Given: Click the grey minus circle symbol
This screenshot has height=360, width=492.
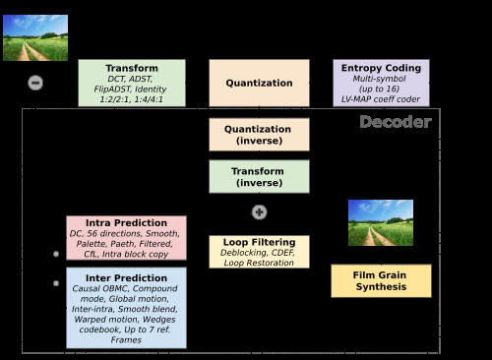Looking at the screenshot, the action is (x=35, y=83).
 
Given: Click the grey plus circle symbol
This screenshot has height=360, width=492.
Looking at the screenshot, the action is (x=259, y=212).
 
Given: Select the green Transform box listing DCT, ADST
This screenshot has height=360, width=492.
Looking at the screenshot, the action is (x=132, y=83).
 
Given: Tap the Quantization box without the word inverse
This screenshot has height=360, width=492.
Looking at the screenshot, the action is (x=259, y=83).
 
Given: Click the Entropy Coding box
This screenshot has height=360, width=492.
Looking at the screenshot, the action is (x=381, y=83).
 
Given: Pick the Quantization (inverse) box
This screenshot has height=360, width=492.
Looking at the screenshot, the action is (x=259, y=135).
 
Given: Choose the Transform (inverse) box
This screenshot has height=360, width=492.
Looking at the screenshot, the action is (x=259, y=176).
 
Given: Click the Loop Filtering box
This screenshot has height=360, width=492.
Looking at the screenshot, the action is (x=259, y=252).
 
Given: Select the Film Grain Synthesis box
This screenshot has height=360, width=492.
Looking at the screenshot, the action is (x=381, y=281).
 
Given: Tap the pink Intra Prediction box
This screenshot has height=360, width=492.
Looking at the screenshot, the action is (x=126, y=238).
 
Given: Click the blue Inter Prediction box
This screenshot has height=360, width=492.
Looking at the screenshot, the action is (x=126, y=308).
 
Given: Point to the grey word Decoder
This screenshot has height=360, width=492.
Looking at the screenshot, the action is (x=396, y=122).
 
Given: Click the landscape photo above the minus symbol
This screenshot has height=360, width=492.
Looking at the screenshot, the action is (x=35, y=37).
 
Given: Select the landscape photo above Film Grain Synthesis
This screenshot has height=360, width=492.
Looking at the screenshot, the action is (x=381, y=222).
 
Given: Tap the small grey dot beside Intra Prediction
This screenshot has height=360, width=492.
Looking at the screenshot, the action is (x=56, y=254).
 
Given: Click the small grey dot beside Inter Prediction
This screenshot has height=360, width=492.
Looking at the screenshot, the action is (x=56, y=283).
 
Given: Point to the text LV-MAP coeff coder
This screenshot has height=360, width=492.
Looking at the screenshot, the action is (x=381, y=99).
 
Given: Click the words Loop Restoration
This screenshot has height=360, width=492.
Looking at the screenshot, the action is (x=259, y=263).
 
